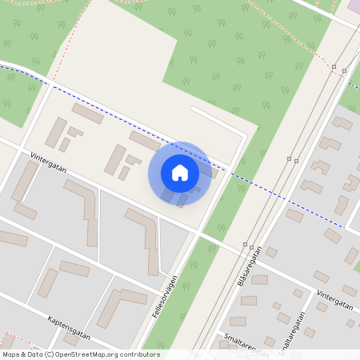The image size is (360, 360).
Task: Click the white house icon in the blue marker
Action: point(180,172)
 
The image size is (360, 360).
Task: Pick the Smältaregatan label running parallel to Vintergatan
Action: point(240,342)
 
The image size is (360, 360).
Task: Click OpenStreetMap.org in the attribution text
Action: point(105,354)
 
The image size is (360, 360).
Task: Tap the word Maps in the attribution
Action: point(11,354)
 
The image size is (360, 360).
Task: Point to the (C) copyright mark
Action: point(50,354)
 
